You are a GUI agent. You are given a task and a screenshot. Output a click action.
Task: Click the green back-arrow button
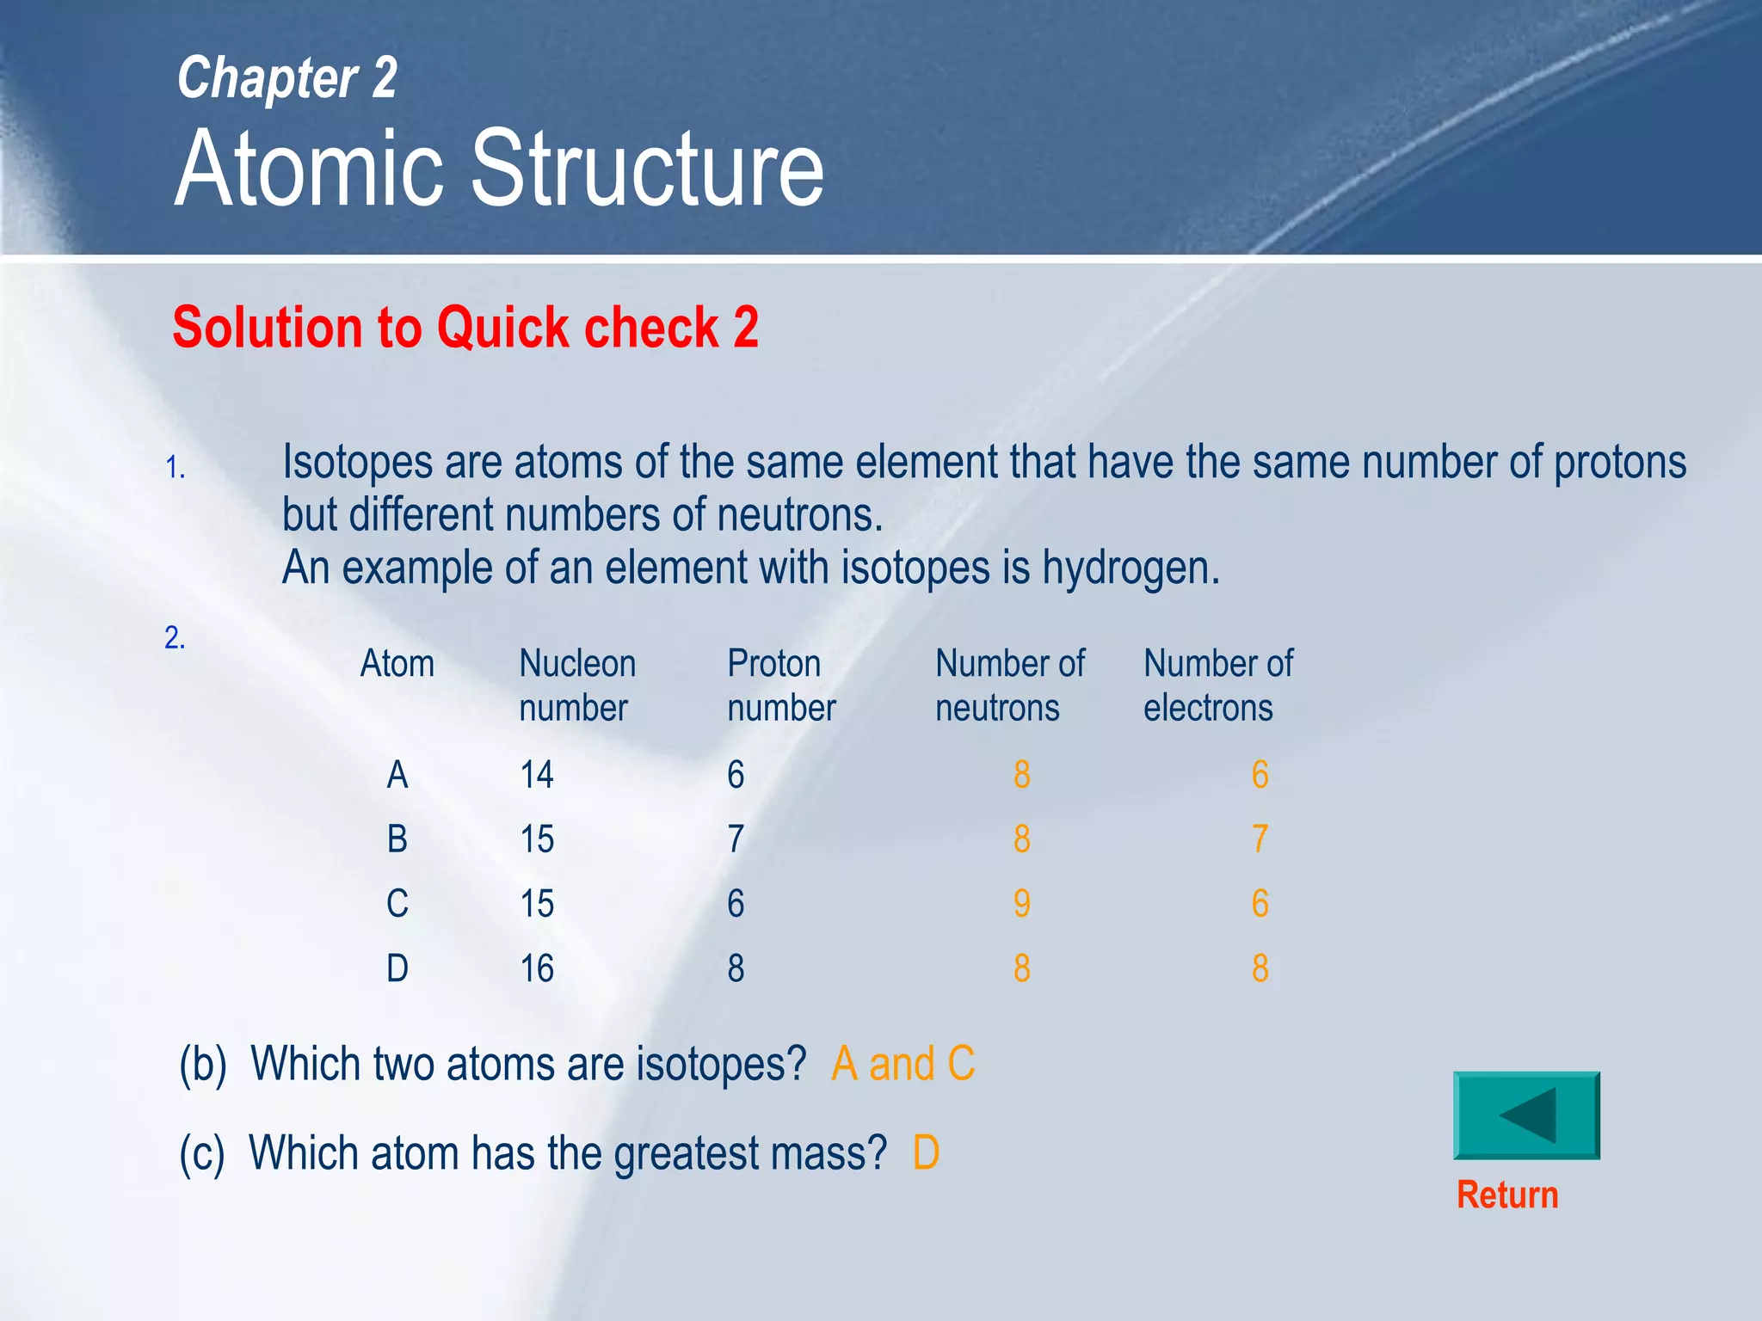1526,1115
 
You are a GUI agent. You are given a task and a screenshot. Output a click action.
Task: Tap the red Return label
1507,1195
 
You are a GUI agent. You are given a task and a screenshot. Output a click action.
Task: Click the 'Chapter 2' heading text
287,78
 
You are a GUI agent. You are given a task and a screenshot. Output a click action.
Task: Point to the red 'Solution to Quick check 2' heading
465,328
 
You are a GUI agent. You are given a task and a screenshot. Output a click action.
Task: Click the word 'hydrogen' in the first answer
1130,568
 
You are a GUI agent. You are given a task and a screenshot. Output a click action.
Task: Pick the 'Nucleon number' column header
577,685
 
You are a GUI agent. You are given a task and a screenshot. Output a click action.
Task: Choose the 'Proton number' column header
781,685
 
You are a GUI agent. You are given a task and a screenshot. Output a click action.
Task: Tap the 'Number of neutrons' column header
1010,685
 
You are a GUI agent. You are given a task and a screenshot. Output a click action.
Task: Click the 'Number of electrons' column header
1218,685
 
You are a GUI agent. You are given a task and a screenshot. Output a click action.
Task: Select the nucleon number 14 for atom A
537,775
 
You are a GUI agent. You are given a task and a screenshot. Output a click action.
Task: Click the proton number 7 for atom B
736,839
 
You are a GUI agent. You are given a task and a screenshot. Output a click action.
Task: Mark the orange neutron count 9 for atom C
1021,904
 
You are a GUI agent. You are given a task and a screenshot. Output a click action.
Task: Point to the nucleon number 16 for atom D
537,969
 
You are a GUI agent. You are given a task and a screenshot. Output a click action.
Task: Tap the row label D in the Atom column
397,969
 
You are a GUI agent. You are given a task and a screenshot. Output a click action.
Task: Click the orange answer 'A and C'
903,1064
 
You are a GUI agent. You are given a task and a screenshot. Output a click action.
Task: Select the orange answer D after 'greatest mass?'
926,1153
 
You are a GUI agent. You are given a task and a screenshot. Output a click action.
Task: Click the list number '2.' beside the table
176,638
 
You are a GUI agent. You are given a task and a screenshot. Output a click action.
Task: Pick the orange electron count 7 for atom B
1260,839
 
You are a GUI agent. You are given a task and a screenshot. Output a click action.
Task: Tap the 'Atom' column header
397,664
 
